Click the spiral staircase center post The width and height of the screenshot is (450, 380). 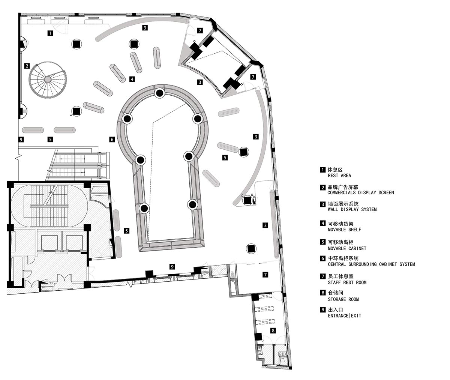(48, 79)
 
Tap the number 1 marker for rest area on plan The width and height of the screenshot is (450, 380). (50, 33)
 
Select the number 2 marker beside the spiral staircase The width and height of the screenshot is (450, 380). (27, 66)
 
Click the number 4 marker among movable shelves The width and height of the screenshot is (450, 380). (132, 79)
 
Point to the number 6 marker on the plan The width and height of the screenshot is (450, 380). (112, 139)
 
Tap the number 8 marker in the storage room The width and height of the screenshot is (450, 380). (273, 330)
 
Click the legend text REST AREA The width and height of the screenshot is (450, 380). (339, 175)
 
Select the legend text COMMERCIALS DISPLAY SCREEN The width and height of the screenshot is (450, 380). (360, 193)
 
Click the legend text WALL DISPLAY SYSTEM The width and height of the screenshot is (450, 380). (352, 209)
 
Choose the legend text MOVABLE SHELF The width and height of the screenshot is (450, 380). (344, 229)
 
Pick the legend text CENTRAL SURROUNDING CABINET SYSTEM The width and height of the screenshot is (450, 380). (371, 264)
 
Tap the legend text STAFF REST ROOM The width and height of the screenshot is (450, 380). (347, 282)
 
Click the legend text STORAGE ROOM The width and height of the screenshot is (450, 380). (343, 299)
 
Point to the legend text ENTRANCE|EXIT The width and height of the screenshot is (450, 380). (344, 316)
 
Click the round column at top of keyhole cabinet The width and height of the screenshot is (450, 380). (159, 93)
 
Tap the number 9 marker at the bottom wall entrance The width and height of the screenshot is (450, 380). (172, 267)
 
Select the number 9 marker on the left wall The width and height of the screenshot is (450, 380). (21, 140)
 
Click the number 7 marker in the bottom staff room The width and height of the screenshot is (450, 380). (265, 275)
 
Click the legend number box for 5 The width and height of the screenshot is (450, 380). (322, 242)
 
